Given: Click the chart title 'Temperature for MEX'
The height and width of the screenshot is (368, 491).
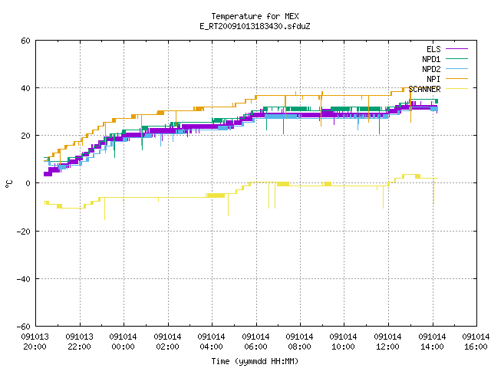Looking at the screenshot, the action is (255, 16).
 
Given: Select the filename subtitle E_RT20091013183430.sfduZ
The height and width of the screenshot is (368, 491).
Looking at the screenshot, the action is (255, 26).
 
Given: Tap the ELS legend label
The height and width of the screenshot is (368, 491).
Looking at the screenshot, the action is (433, 49).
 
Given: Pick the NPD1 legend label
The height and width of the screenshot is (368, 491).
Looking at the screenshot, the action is (431, 59).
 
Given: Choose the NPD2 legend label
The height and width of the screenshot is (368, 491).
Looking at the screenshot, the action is (431, 69).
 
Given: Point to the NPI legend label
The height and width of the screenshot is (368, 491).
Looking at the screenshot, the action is (433, 79).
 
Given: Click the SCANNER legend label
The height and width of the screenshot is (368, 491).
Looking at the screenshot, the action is (424, 89).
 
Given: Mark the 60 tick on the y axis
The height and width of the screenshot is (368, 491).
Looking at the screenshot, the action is (25, 41).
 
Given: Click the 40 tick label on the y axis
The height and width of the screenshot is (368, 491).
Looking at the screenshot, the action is (25, 88).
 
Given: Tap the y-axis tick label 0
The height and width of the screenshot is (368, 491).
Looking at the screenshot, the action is (28, 183).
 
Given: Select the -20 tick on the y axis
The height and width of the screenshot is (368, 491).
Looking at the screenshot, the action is (24, 232).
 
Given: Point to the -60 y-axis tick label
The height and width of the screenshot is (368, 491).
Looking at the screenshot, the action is (24, 327).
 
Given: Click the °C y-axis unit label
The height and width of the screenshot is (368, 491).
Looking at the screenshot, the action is (8, 184).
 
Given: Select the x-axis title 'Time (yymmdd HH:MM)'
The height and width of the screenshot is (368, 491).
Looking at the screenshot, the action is (255, 361).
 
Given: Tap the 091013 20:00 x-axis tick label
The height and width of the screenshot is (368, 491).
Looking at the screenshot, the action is (35, 342).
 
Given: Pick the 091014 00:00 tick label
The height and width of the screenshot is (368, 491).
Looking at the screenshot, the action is (124, 342).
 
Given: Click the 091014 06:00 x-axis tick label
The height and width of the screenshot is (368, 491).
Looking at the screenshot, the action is (255, 342).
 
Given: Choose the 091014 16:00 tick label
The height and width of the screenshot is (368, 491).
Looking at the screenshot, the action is (476, 342).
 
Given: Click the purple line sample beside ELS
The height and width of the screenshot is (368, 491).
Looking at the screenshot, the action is (457, 49).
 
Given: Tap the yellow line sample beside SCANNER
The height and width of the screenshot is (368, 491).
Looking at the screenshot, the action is (457, 89).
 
